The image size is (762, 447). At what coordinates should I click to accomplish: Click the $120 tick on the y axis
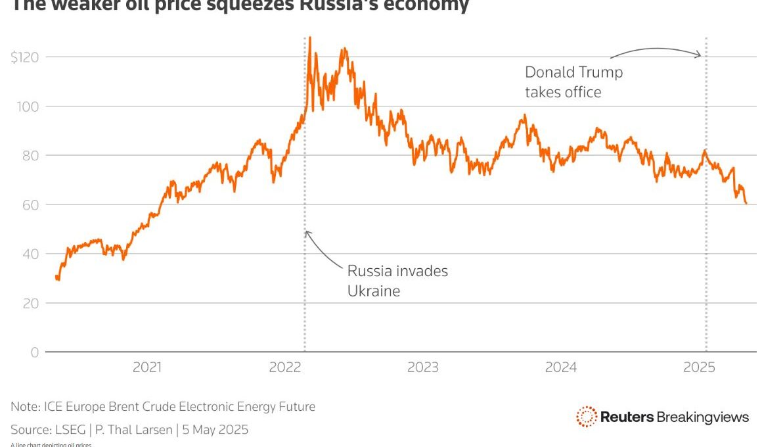[25, 57]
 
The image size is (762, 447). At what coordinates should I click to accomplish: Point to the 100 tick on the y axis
[28, 106]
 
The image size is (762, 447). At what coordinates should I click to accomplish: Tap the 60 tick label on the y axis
[30, 205]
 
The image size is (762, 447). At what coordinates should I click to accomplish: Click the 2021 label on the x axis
[147, 367]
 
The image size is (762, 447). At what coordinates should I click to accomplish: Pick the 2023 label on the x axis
[422, 367]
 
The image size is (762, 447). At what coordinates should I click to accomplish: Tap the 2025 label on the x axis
[699, 367]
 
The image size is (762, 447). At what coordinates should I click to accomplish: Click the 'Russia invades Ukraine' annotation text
[397, 281]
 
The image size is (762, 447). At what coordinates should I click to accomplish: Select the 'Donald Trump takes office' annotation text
[573, 82]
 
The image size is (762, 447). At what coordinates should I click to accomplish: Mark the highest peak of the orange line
[309, 38]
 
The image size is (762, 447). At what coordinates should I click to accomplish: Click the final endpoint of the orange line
[746, 203]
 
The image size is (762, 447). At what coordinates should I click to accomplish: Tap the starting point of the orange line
[56, 277]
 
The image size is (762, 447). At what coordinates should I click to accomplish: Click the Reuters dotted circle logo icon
[586, 416]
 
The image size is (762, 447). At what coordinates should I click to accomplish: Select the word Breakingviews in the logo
[703, 417]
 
